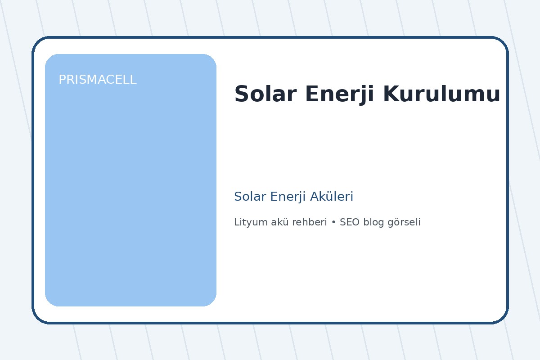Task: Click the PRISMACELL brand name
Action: pyautogui.click(x=97, y=80)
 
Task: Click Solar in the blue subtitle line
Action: pyautogui.click(x=247, y=197)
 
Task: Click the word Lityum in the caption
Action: pyautogui.click(x=248, y=222)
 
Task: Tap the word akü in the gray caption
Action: pyautogui.click(x=274, y=222)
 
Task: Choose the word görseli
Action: pyautogui.click(x=404, y=222)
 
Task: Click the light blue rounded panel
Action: pyautogui.click(x=130, y=189)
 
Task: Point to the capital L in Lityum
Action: pyautogui.click(x=237, y=222)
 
